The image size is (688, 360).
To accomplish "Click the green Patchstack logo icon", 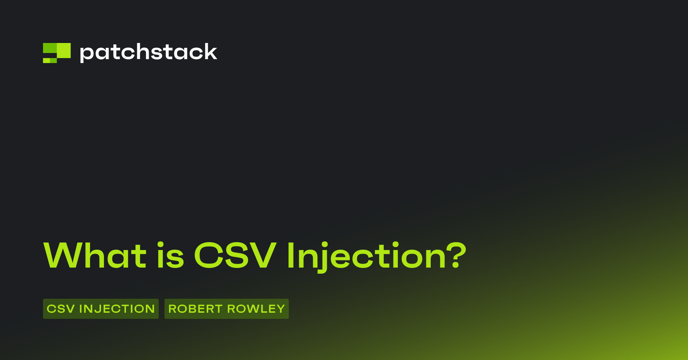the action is pyautogui.click(x=57, y=53).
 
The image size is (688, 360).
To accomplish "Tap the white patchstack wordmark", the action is pyautogui.click(x=148, y=53).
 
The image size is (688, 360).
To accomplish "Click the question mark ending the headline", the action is pyautogui.click(x=456, y=255).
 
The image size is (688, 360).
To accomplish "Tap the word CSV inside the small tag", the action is pyautogui.click(x=61, y=309).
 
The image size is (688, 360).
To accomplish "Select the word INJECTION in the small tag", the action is pyautogui.click(x=117, y=309).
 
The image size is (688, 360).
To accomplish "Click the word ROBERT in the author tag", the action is pyautogui.click(x=195, y=309).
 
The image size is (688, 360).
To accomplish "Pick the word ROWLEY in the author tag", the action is pyautogui.click(x=256, y=309).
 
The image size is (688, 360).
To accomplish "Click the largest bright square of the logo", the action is pyautogui.click(x=64, y=51).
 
